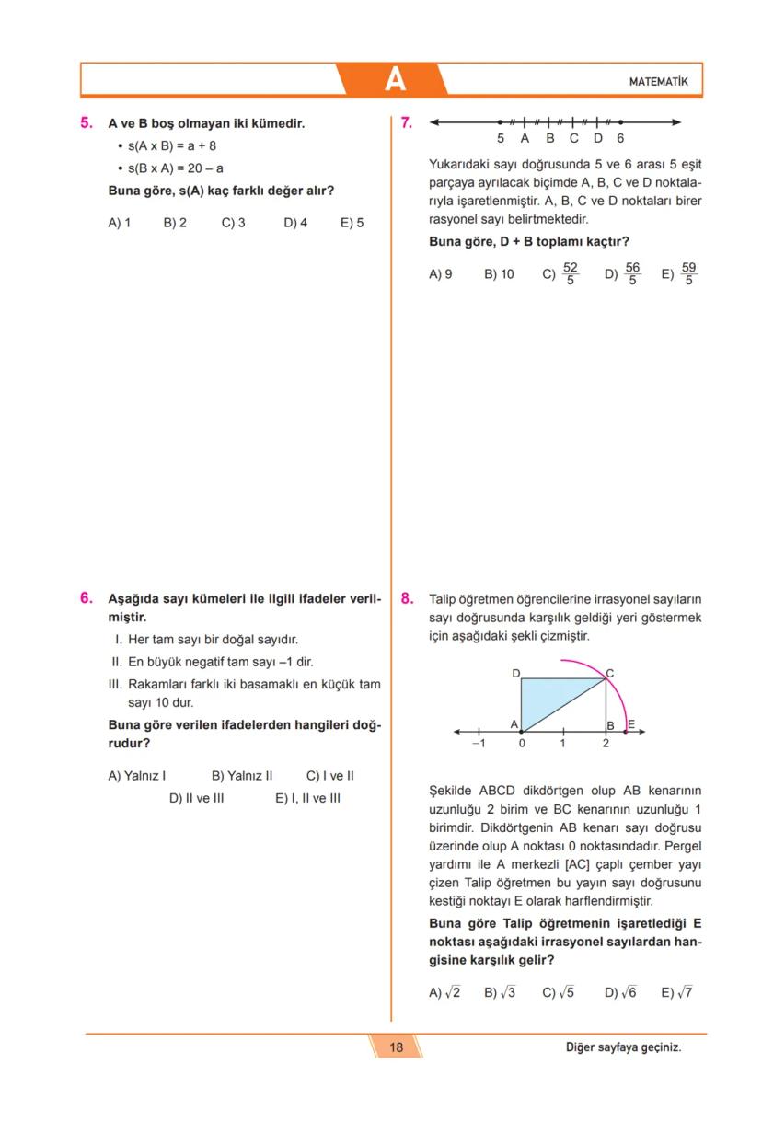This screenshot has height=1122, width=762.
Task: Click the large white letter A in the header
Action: pos(395,80)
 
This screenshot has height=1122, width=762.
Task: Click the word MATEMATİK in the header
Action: pos(658,82)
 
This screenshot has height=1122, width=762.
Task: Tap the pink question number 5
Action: pos(87,122)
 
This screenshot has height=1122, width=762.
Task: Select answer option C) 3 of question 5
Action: pos(233,223)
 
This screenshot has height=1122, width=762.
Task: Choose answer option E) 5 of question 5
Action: pos(352,223)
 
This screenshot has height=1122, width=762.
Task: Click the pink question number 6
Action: pos(87,597)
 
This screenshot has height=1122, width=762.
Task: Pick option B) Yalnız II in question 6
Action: pos(242,776)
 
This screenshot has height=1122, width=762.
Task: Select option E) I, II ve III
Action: pos(307,798)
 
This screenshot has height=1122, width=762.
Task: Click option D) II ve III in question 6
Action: pos(196,798)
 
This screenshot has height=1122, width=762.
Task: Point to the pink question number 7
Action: pos(407,121)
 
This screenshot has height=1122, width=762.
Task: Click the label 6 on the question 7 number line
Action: pos(621,138)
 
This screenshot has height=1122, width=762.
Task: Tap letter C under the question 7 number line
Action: pos(573,138)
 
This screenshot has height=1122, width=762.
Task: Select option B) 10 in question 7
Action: pos(499,274)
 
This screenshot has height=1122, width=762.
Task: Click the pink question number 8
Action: pos(407,597)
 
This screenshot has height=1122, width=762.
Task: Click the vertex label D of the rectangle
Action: pos(515,674)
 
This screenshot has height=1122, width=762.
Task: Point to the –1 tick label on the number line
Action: pos(479,744)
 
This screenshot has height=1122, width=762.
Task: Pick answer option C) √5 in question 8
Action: pos(558,992)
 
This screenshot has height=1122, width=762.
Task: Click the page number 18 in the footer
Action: pos(396,1047)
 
